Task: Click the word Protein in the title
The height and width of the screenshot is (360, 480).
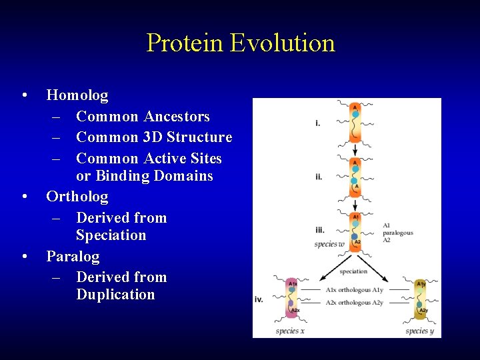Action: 185,43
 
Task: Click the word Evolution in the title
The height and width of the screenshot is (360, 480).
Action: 282,43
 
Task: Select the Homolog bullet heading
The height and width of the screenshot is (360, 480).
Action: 77,95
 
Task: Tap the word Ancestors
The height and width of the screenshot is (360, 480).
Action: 176,117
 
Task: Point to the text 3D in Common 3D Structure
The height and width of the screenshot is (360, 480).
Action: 152,137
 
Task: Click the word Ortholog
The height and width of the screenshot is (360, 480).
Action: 77,197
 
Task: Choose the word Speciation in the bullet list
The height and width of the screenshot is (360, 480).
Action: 111,235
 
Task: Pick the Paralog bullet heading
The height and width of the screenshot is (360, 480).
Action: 73,257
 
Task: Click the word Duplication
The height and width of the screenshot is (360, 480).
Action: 115,295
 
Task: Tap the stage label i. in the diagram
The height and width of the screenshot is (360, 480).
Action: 318,123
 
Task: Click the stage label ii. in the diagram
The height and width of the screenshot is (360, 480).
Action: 319,177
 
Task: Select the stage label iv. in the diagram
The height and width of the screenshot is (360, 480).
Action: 259,299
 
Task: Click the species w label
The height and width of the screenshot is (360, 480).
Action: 329,244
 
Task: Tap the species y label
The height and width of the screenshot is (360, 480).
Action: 420,331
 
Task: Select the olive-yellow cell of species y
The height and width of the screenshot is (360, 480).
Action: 421,298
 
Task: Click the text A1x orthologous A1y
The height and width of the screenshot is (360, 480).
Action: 355,290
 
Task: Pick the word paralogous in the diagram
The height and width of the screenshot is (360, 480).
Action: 398,233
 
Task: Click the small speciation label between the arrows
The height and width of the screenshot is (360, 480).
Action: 353,271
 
